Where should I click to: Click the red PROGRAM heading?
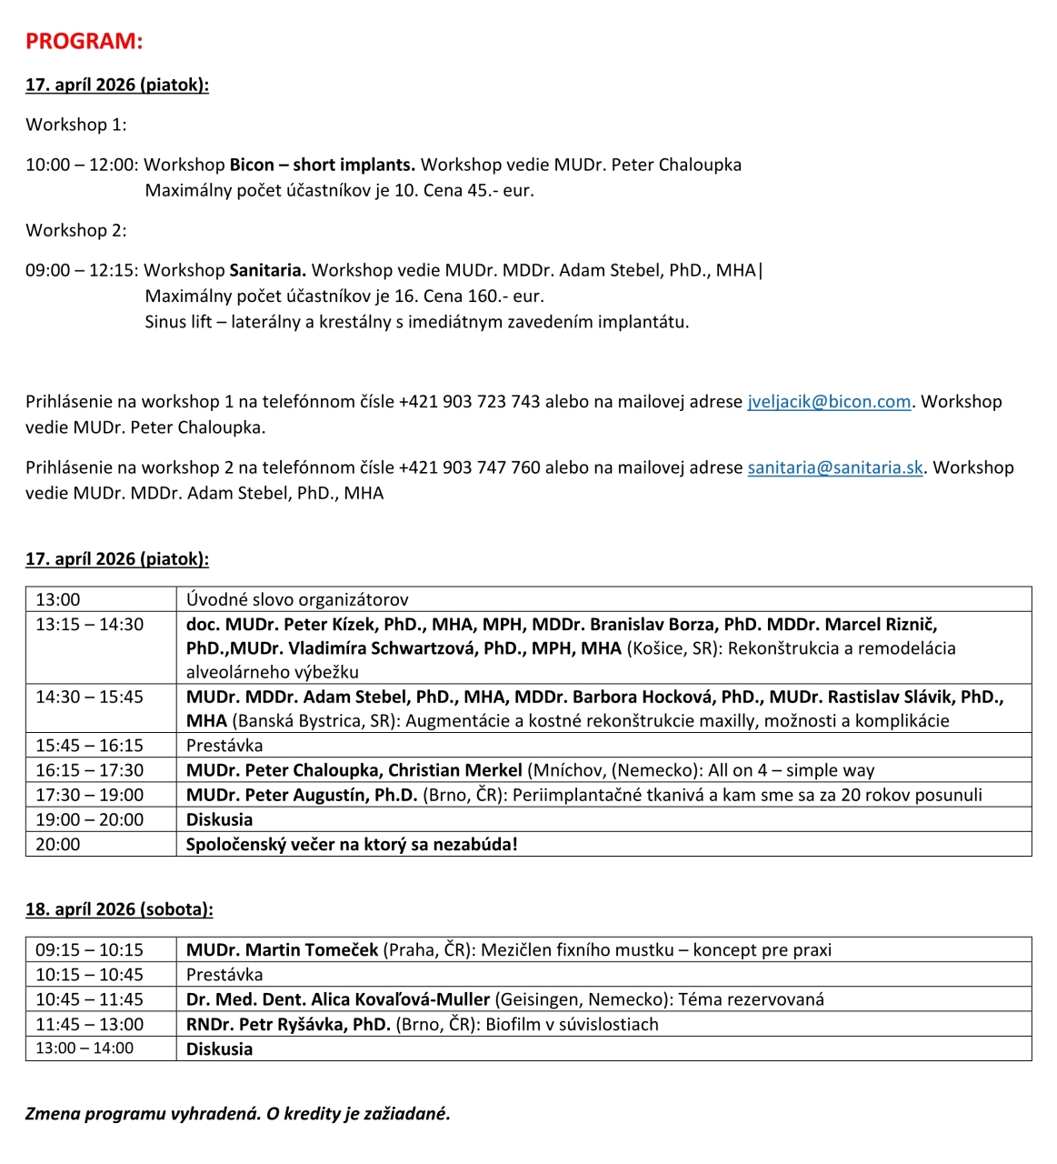(84, 41)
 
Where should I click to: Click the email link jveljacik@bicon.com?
(828, 402)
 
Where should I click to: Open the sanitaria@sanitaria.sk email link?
(834, 467)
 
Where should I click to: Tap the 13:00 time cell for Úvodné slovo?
(58, 599)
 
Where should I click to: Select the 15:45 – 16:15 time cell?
(89, 745)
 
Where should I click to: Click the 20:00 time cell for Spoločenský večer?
(58, 844)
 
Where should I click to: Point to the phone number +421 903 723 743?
(469, 402)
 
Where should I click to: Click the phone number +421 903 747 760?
(469, 467)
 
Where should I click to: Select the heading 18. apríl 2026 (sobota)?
(119, 909)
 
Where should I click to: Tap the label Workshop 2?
(76, 230)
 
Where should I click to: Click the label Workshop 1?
(76, 125)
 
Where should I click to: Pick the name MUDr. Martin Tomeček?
(282, 949)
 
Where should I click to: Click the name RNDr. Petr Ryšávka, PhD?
(287, 1024)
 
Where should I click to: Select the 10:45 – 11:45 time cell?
(89, 999)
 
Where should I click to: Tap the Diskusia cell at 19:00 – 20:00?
(219, 819)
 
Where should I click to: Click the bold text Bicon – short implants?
(322, 165)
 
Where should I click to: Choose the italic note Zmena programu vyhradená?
(143, 1114)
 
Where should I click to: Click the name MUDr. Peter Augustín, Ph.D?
(301, 795)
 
